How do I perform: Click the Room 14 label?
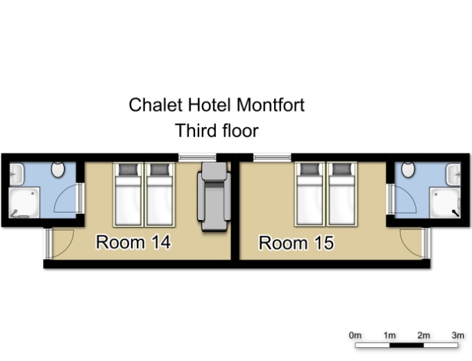pyautogui.click(x=133, y=242)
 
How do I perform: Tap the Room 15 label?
pyautogui.click(x=296, y=243)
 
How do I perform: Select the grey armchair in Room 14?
pyautogui.click(x=214, y=196)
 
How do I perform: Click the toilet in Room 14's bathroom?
pyautogui.click(x=58, y=169)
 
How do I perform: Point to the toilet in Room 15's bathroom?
pyautogui.click(x=408, y=169)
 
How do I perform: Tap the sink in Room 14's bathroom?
pyautogui.click(x=16, y=174)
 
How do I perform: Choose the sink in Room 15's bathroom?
pyautogui.click(x=453, y=174)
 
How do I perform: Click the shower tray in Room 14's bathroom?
pyautogui.click(x=24, y=202)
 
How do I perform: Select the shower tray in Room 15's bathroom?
pyautogui.click(x=445, y=203)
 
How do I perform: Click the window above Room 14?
pyautogui.click(x=197, y=157)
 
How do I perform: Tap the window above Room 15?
pyautogui.click(x=272, y=157)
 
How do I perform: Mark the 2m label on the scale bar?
pyautogui.click(x=423, y=335)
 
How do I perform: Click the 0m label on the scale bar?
pyautogui.click(x=355, y=335)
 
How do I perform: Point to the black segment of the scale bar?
pyautogui.click(x=407, y=345)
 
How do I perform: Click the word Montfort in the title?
pyautogui.click(x=270, y=105)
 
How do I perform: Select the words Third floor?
pyautogui.click(x=217, y=131)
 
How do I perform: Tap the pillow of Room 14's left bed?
pyautogui.click(x=128, y=169)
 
